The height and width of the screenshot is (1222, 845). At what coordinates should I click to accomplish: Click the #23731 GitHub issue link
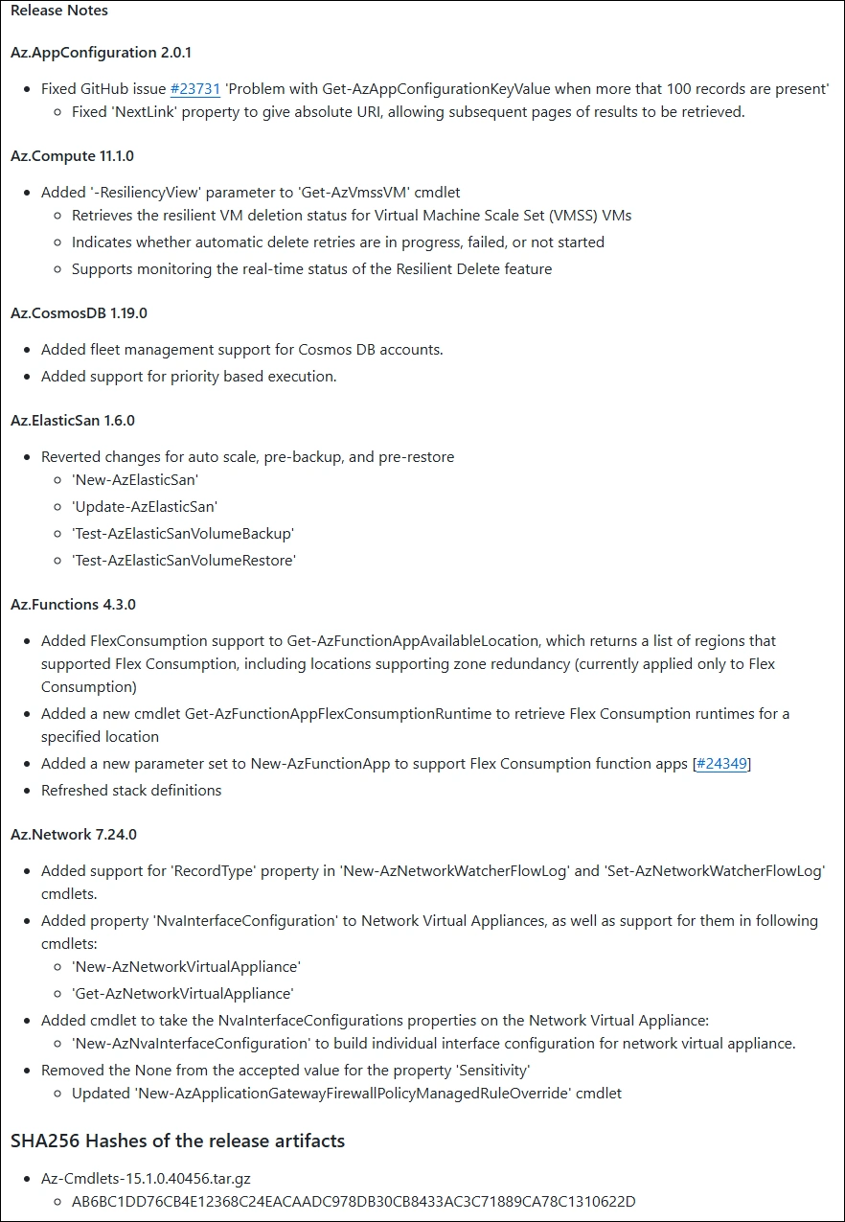[195, 89]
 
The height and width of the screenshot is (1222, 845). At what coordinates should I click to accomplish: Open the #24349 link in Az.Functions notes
[721, 764]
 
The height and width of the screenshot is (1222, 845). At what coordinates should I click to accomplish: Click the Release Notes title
[59, 11]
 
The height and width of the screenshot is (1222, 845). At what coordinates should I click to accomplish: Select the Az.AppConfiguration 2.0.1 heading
[102, 53]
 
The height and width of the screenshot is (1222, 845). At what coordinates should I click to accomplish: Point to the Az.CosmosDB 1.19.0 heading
[79, 313]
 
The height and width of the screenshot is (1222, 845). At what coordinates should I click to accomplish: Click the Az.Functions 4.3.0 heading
[73, 605]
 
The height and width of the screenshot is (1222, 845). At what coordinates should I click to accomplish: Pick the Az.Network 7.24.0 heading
[74, 835]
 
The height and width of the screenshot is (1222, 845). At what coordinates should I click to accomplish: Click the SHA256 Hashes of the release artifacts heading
[177, 1141]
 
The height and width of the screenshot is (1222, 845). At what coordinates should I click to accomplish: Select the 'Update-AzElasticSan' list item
[138, 507]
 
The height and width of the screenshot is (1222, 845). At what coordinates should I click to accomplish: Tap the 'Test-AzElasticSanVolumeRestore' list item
[184, 561]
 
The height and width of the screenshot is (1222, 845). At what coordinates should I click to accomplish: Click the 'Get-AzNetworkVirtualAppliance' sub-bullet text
[182, 994]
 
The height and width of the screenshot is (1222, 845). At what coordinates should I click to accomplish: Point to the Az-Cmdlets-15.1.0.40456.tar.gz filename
[147, 1179]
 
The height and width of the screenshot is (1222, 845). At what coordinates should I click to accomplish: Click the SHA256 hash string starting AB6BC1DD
[354, 1202]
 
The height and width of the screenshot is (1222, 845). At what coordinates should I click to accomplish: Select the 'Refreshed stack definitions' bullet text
[131, 791]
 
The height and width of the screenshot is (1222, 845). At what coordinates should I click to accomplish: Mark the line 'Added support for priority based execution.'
[189, 377]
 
